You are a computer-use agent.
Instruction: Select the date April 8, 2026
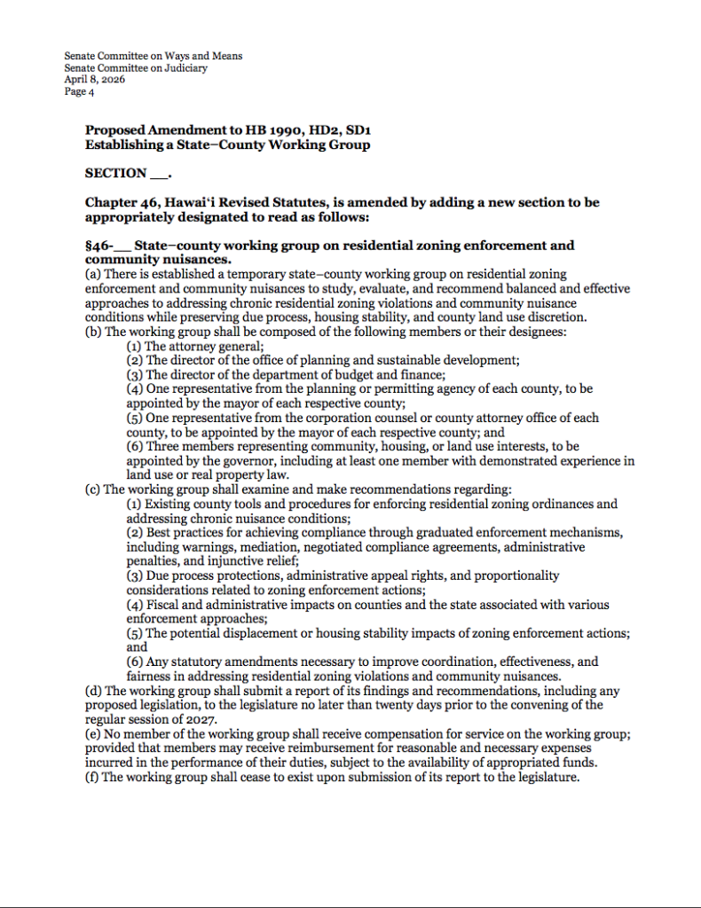(94, 79)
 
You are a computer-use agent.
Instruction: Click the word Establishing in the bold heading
(123, 145)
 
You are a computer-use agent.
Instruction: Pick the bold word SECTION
(116, 173)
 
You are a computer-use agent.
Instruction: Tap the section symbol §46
(97, 246)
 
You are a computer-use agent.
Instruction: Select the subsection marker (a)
(93, 275)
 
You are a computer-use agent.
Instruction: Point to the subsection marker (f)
(92, 778)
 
